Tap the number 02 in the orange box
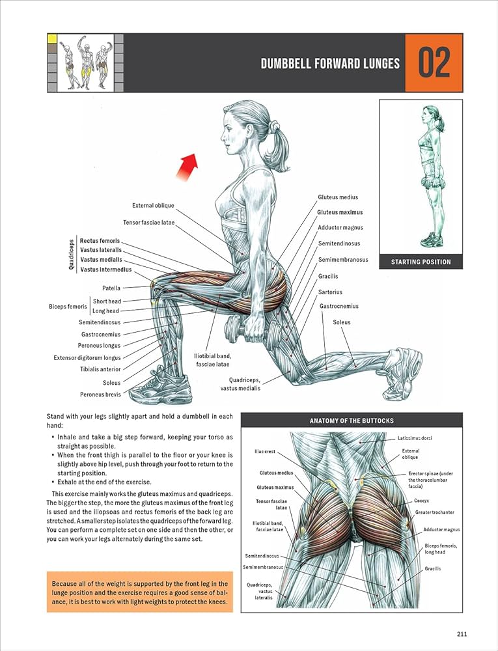point(434,63)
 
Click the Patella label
point(111,288)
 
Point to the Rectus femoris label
point(100,240)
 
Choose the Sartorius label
point(330,292)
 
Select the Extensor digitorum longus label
point(87,357)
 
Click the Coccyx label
point(421,501)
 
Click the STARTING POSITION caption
point(421,262)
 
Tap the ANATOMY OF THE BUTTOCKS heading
point(351,421)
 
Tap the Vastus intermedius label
point(105,269)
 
